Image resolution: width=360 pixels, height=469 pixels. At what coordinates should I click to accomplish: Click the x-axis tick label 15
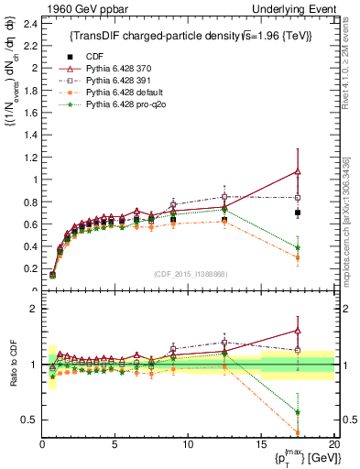(261, 444)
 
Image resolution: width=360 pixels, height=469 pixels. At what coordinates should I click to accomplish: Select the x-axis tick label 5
(115, 444)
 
